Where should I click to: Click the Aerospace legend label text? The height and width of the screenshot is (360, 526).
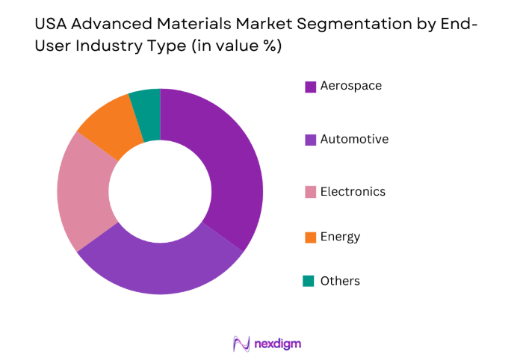(x=350, y=86)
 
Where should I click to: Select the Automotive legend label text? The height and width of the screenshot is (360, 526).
(x=354, y=139)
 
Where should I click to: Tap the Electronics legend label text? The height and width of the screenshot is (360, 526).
(x=353, y=192)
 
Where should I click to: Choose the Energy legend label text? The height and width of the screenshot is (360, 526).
(x=340, y=237)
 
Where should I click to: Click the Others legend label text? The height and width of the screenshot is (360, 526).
(x=340, y=282)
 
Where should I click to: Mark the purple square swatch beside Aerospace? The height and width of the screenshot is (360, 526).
(x=310, y=87)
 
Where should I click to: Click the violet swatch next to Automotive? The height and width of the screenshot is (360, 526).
(x=310, y=140)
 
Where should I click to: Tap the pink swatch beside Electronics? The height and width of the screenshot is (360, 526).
(x=310, y=193)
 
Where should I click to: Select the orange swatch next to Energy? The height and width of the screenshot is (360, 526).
(x=310, y=238)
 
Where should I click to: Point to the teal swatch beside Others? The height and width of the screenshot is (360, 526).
(x=309, y=282)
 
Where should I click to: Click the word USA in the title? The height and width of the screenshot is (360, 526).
(x=51, y=25)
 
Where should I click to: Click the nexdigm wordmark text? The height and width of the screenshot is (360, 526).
(x=277, y=344)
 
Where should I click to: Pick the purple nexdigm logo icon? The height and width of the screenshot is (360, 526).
(x=241, y=344)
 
